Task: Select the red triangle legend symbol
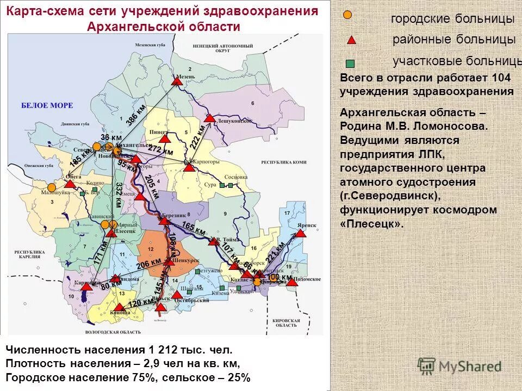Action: [352, 39]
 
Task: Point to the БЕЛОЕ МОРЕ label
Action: [47, 105]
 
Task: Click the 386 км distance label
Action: [136, 115]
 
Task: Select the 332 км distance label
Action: [118, 195]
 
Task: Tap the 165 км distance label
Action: [194, 229]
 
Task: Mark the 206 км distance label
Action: [149, 264]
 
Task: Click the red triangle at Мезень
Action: [177, 81]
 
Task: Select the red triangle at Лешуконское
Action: [209, 118]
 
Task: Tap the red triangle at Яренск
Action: [300, 234]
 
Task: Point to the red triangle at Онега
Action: [70, 184]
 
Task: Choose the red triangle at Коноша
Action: [119, 307]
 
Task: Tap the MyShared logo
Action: [459, 366]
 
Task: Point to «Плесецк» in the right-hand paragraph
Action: [372, 223]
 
